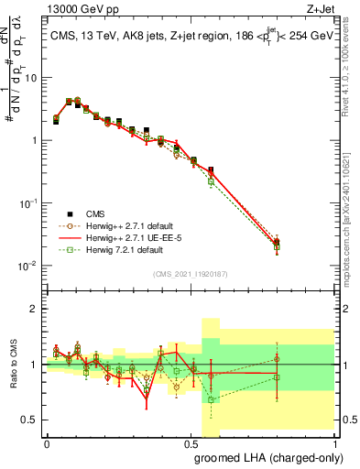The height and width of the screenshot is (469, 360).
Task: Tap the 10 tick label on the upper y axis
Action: coord(31,78)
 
